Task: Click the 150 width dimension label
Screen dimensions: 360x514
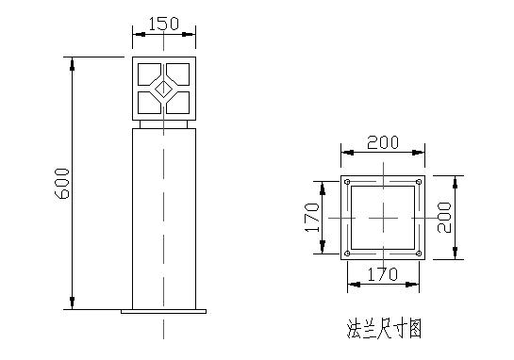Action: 164,23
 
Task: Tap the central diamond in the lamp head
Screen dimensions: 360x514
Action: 164,90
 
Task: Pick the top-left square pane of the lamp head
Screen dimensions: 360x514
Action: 148,74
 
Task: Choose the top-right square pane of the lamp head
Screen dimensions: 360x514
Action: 180,74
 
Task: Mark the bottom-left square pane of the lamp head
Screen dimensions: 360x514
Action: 148,104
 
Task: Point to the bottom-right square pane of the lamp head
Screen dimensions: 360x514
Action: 180,104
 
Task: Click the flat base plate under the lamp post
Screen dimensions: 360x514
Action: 164,310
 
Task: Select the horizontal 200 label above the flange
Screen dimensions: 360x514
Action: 383,142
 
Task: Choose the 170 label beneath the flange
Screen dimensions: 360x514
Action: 383,274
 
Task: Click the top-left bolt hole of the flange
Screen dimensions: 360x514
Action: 348,181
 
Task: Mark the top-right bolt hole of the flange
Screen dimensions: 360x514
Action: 418,181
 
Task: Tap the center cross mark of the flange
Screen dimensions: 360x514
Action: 383,218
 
